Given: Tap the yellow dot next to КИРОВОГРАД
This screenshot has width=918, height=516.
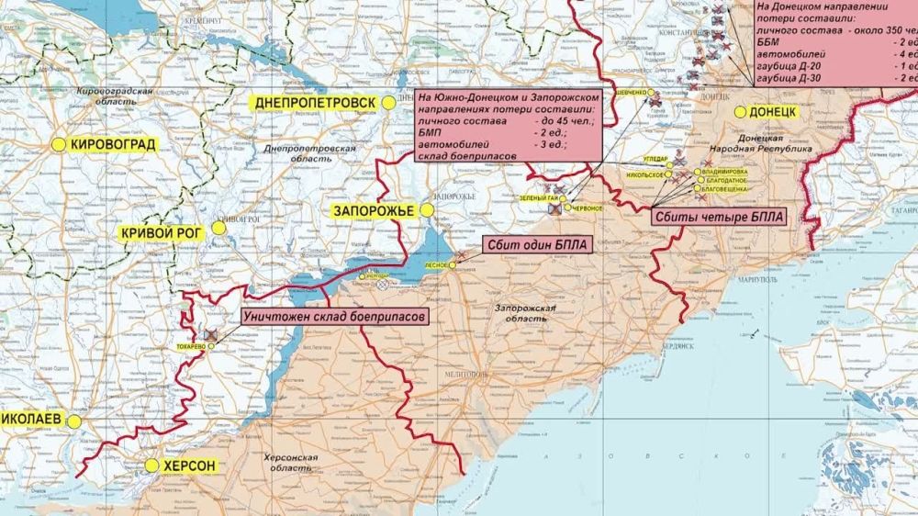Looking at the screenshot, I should point(59,144).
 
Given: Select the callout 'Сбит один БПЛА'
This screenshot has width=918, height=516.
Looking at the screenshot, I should point(536,245).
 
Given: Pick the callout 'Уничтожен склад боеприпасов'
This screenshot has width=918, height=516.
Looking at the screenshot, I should point(335,316).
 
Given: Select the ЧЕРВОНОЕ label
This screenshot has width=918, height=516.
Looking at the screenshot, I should point(588,208).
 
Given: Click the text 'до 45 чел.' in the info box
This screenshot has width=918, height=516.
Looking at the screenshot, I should point(562,120).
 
